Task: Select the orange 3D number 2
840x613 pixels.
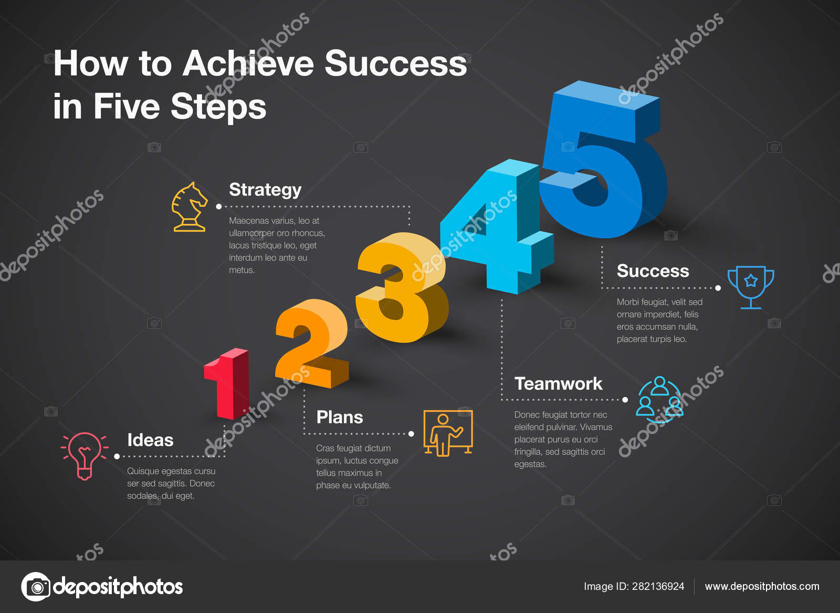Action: (x=311, y=344)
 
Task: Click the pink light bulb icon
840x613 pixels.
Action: (x=85, y=455)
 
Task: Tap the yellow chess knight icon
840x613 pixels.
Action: (x=190, y=207)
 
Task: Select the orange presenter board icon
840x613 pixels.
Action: (x=448, y=433)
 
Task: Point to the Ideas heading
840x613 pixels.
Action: (x=150, y=440)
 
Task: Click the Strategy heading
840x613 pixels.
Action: (x=265, y=190)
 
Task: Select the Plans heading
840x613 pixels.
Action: (x=340, y=417)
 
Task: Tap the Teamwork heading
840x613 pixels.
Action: (x=558, y=383)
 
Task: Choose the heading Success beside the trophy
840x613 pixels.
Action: (x=653, y=271)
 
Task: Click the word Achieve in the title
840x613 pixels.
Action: (x=248, y=64)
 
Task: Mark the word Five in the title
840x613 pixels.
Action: (x=127, y=107)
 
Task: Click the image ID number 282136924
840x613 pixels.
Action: (x=658, y=586)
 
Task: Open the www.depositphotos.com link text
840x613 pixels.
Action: (x=762, y=586)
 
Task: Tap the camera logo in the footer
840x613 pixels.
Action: (x=36, y=587)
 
